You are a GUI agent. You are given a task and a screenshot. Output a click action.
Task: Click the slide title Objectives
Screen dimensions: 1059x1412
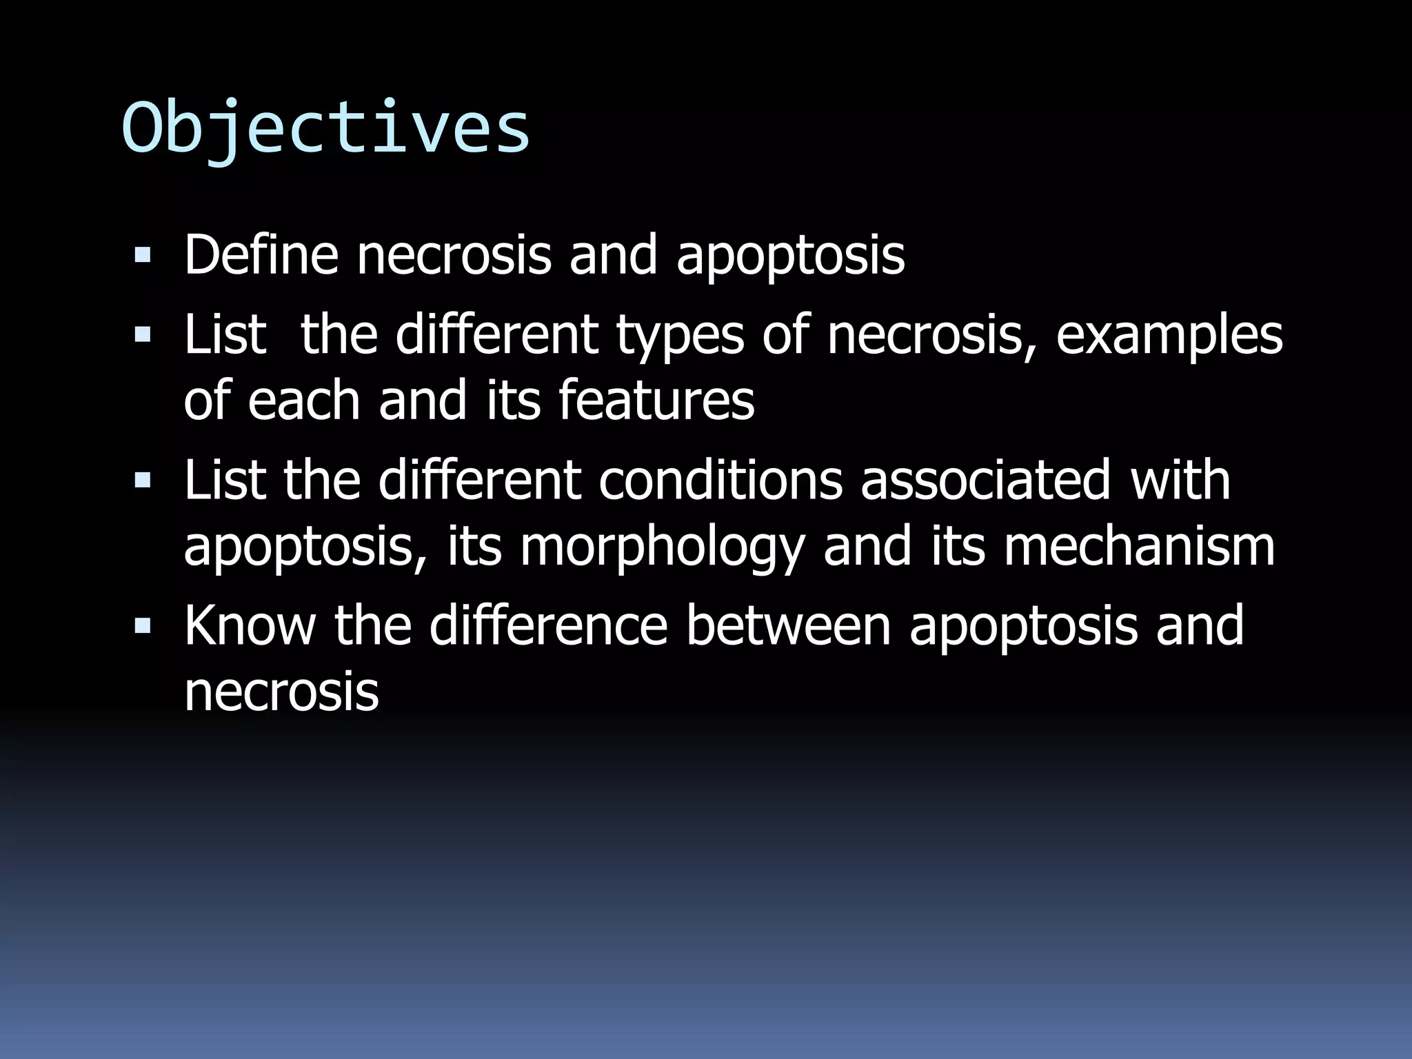click(x=325, y=129)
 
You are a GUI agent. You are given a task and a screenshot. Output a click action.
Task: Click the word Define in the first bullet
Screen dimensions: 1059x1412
click(x=261, y=255)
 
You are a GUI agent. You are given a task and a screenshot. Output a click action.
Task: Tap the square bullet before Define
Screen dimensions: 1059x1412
click(x=143, y=256)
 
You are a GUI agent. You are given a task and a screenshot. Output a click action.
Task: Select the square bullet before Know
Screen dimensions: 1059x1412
click(x=143, y=626)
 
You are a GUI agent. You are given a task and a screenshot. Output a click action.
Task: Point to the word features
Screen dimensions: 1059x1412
click(x=656, y=400)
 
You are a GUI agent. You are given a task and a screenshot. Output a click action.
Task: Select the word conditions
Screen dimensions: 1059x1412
click(x=720, y=480)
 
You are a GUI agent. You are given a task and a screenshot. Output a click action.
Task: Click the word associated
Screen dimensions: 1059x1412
click(x=986, y=480)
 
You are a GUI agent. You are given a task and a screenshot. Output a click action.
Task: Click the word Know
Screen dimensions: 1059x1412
click(x=250, y=625)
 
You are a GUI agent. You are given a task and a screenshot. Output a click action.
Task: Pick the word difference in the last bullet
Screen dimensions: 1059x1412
click(x=548, y=625)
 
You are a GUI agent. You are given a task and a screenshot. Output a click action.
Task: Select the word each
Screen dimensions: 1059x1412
click(x=303, y=400)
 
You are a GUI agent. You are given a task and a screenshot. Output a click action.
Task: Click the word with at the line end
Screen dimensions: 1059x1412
click(x=1180, y=480)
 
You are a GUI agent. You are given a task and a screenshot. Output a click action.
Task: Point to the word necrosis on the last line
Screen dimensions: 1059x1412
click(x=281, y=692)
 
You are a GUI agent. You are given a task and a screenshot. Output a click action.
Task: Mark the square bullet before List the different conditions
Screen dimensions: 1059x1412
click(x=143, y=481)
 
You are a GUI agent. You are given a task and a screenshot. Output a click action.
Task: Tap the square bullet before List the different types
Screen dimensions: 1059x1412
click(x=143, y=336)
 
